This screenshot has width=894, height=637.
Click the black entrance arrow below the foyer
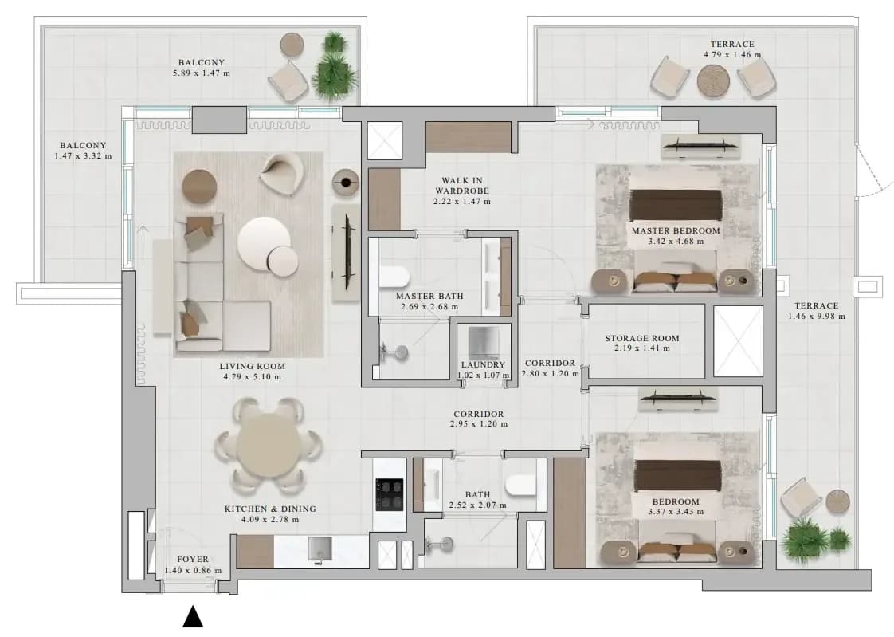[x=194, y=617]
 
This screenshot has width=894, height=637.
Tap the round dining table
[x=269, y=445]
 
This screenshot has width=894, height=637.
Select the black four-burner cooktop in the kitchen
[x=390, y=494]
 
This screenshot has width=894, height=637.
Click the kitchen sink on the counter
[x=320, y=549]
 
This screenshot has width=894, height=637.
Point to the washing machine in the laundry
[x=484, y=344]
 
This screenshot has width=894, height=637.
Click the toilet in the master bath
[x=394, y=277]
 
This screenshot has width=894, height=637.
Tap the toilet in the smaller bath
[x=520, y=484]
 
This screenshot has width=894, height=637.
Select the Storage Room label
[x=642, y=338]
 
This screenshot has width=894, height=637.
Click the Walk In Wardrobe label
[x=462, y=185]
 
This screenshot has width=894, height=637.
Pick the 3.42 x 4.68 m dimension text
[x=676, y=242]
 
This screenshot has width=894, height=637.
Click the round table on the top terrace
[x=713, y=80]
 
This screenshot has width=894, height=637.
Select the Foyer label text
[x=193, y=560]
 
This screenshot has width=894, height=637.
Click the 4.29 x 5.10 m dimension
[x=252, y=376]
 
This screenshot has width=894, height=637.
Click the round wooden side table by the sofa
[x=199, y=187]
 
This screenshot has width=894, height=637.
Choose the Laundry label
[x=483, y=364]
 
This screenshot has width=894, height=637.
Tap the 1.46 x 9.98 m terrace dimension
[x=817, y=316]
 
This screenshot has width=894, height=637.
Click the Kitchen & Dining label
[x=270, y=509]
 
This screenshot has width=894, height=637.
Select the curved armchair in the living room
[x=281, y=172]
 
